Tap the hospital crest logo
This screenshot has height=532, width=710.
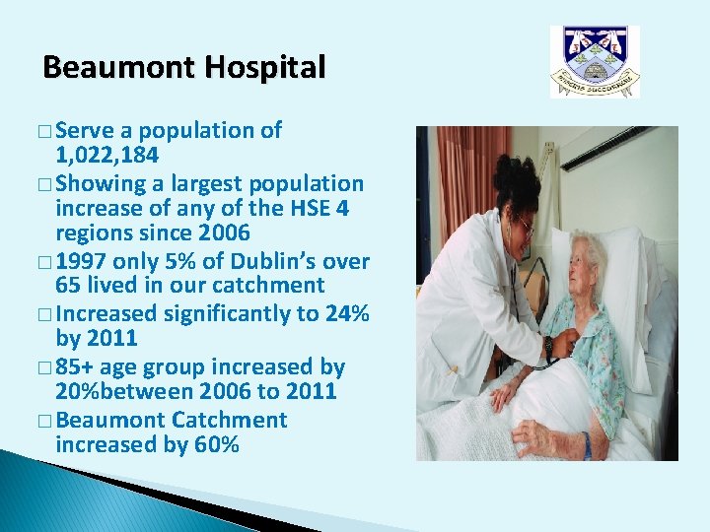[595, 61]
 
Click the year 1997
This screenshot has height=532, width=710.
[81, 261]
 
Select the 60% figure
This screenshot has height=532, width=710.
[216, 445]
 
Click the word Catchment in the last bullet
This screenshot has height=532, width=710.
[229, 420]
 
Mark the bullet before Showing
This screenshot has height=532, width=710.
[47, 184]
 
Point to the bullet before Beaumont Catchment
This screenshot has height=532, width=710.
[47, 421]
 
